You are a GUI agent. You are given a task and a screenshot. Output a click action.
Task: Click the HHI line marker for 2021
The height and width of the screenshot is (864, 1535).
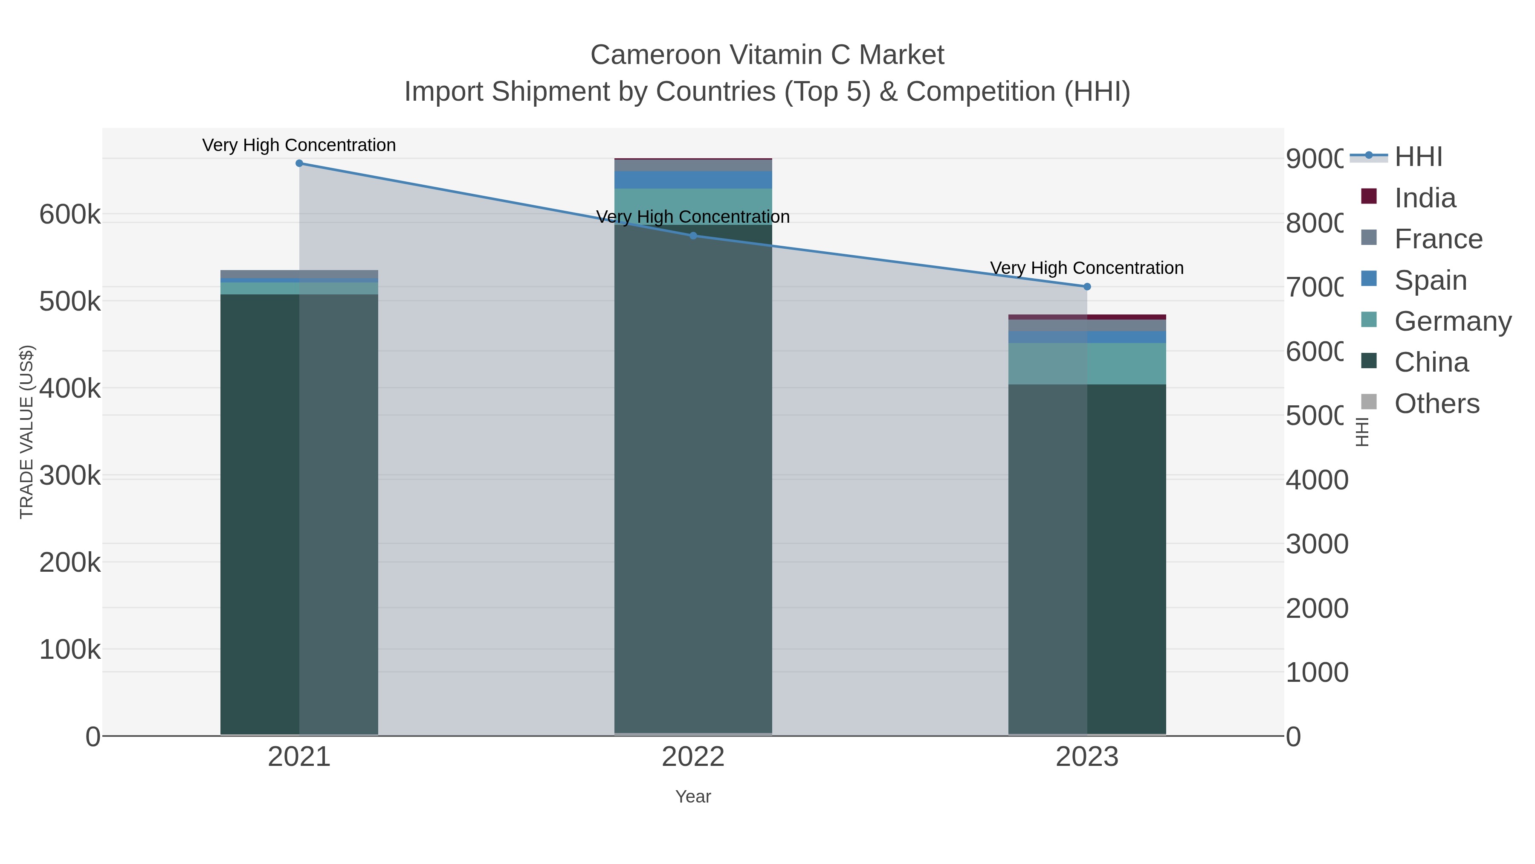[299, 163]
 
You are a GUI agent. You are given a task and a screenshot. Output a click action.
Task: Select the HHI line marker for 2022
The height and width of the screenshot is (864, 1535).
[693, 236]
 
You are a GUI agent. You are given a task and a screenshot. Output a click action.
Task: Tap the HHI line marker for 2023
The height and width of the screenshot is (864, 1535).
[1087, 287]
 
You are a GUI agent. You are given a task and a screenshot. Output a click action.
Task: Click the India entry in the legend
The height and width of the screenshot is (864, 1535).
[1424, 198]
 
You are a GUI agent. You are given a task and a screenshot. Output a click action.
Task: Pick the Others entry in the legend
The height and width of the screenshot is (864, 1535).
[1436, 404]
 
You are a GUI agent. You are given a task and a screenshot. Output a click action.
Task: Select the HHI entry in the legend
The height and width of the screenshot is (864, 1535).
[1418, 157]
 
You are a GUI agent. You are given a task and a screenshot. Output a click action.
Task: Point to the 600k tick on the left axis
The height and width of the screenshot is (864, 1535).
[70, 215]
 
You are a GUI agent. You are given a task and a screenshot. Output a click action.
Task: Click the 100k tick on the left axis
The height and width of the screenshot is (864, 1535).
[70, 649]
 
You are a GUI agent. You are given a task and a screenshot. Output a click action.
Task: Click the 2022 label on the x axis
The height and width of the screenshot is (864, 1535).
[693, 756]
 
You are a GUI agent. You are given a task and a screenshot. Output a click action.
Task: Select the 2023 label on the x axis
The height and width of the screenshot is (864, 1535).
[1087, 756]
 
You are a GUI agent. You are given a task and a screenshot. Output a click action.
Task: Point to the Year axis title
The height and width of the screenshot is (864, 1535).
[693, 797]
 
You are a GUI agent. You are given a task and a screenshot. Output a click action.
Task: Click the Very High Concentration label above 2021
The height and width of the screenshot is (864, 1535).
[299, 145]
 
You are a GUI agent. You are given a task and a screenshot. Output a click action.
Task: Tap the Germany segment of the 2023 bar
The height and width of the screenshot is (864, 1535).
[1087, 364]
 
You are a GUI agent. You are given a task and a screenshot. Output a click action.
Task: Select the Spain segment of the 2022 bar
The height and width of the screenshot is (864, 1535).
[693, 180]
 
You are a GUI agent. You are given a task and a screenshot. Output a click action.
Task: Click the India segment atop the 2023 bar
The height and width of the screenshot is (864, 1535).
[1087, 317]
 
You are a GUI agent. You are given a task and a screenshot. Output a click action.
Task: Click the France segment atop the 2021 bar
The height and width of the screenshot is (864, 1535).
[299, 274]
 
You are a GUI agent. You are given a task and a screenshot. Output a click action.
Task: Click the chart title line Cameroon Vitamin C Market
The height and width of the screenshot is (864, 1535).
[767, 55]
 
